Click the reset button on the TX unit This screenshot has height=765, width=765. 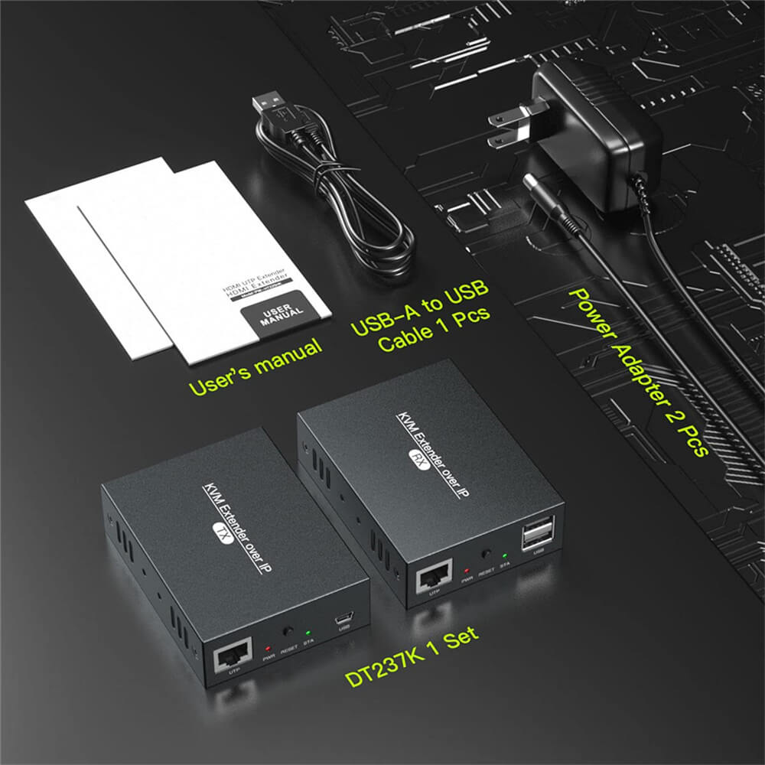pyautogui.click(x=288, y=631)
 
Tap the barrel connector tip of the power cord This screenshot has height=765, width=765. pyautogui.click(x=532, y=185)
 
